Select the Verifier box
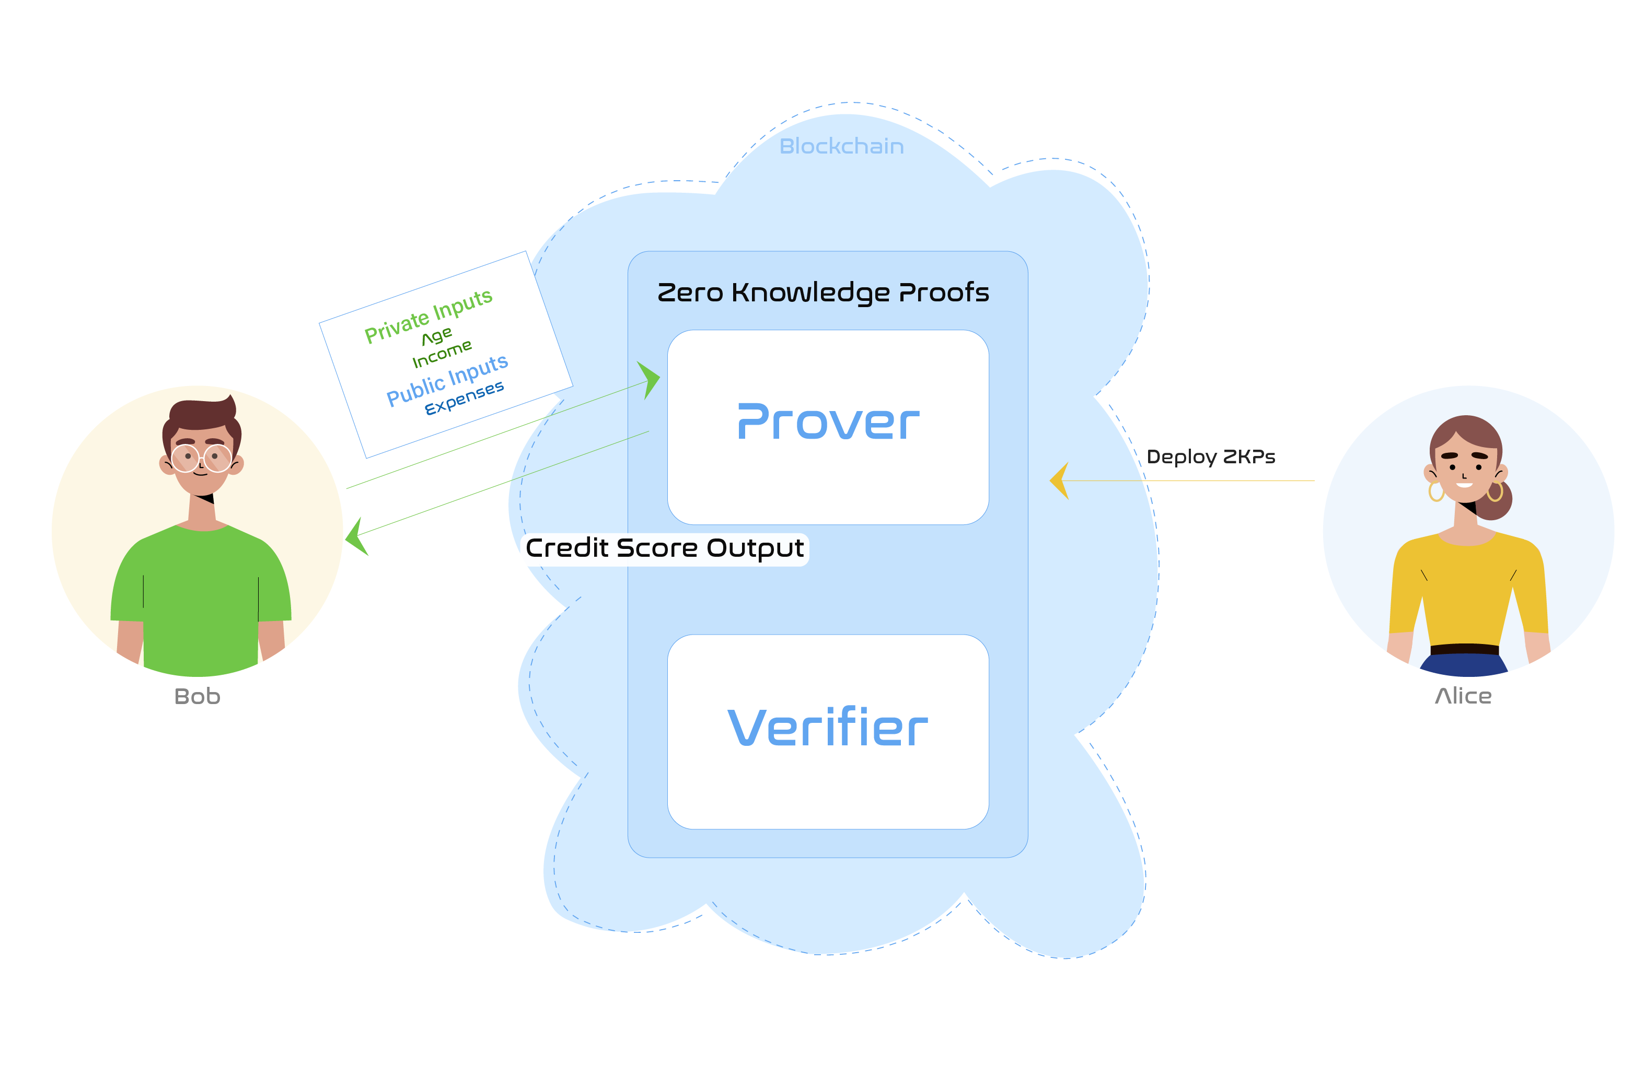click(828, 731)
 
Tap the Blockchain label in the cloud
click(841, 147)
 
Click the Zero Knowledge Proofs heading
click(824, 292)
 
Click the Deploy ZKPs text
click(1210, 457)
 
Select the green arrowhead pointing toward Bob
click(356, 537)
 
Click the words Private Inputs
click(428, 316)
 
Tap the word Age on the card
click(437, 337)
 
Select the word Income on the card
click(442, 354)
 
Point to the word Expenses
click(464, 398)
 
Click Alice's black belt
click(1464, 649)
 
